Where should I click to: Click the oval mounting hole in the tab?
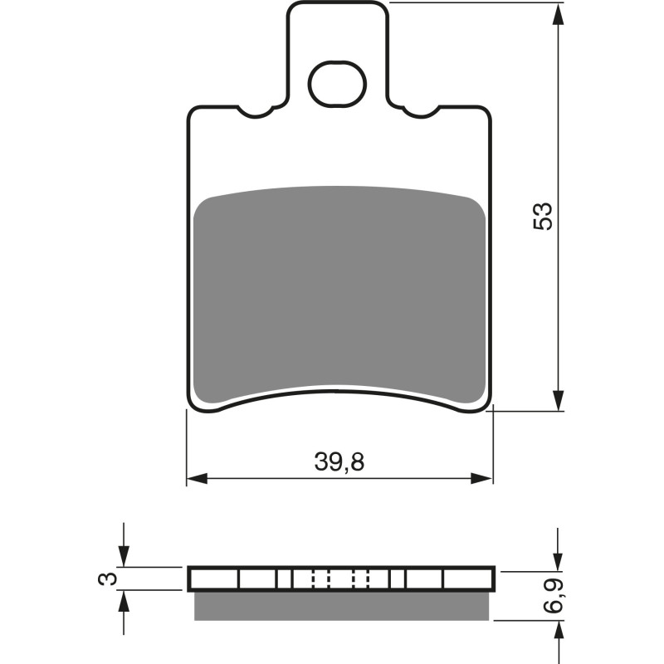coord(337,84)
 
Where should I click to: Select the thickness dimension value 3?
coord(103,579)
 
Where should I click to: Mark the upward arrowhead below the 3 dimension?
coord(124,599)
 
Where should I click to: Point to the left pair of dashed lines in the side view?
coord(321,579)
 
